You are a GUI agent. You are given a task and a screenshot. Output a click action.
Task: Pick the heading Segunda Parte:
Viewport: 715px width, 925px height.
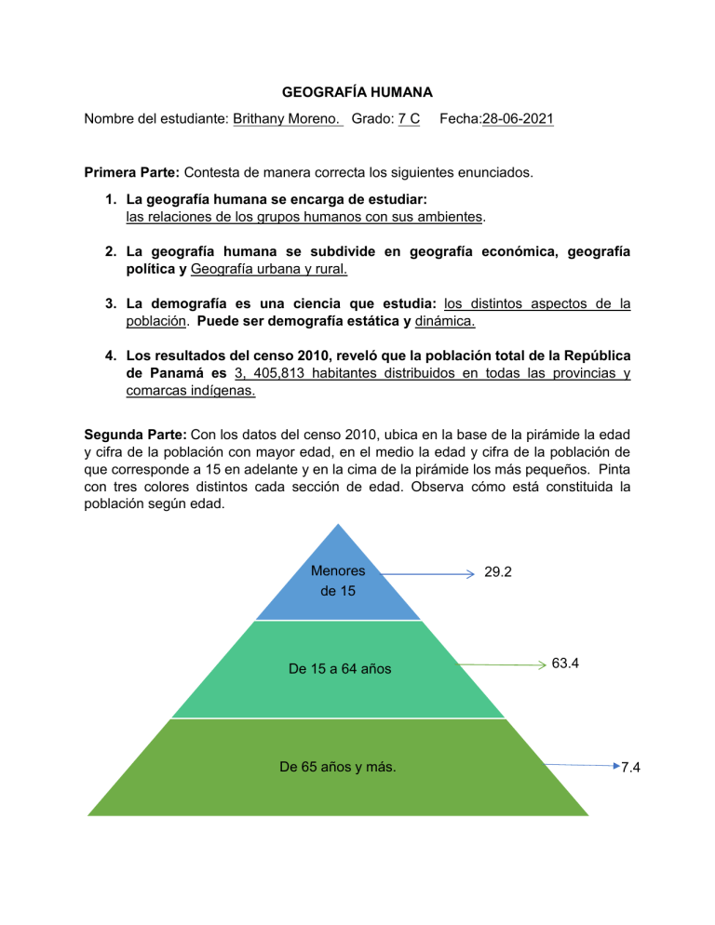click(136, 434)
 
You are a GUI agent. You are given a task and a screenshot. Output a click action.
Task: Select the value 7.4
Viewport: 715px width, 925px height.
click(630, 767)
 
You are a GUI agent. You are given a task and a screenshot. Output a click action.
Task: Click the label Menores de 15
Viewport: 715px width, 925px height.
click(336, 582)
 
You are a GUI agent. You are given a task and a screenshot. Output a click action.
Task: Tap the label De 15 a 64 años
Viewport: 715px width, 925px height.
click(333, 668)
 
